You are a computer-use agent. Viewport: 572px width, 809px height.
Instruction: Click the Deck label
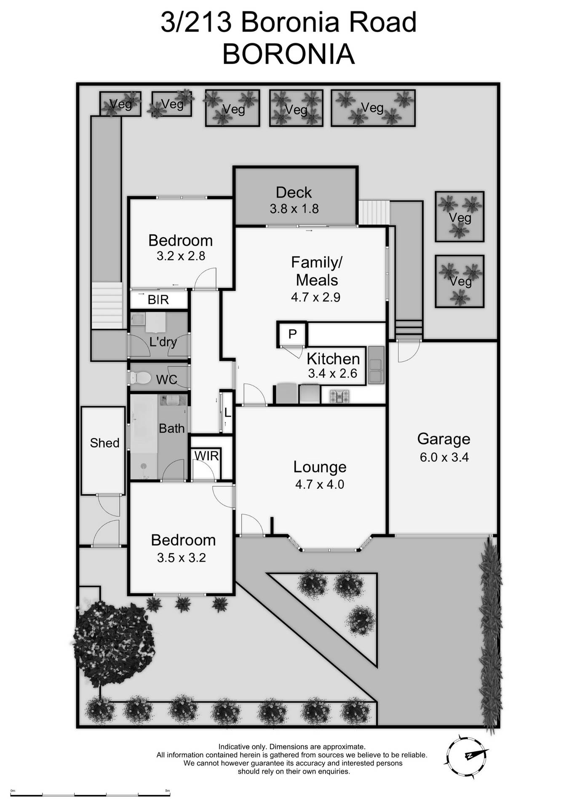click(x=294, y=193)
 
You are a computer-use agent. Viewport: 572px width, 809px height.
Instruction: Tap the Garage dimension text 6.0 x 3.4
click(x=444, y=457)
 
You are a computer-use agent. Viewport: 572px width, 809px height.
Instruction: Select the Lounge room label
click(x=320, y=467)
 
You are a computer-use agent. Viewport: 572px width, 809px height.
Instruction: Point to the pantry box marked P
click(x=292, y=334)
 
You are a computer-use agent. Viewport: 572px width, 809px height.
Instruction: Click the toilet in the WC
click(x=141, y=378)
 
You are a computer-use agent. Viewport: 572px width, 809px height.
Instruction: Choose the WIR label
click(x=206, y=455)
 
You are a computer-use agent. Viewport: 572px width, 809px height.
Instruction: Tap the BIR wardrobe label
click(x=158, y=300)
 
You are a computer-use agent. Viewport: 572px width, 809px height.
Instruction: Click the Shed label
click(x=104, y=443)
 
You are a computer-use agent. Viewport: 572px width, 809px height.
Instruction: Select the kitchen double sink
click(x=376, y=365)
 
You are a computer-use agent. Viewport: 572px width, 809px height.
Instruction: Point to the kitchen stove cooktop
click(x=339, y=396)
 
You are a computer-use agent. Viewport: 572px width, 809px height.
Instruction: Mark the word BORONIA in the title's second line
click(x=288, y=54)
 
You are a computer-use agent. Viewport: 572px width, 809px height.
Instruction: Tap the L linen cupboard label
click(x=227, y=413)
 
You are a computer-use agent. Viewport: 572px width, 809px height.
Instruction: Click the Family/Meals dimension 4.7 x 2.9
click(x=315, y=297)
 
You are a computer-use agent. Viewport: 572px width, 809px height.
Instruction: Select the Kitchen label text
click(x=333, y=359)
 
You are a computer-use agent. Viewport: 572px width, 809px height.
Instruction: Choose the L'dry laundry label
click(x=163, y=342)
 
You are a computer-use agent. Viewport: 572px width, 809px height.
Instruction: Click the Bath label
click(x=171, y=429)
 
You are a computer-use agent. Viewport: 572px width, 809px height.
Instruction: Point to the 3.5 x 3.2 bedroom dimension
click(x=181, y=558)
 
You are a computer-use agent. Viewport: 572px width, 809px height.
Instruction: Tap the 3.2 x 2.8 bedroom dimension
click(x=181, y=256)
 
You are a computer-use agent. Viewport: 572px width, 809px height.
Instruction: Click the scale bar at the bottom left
click(x=91, y=795)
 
